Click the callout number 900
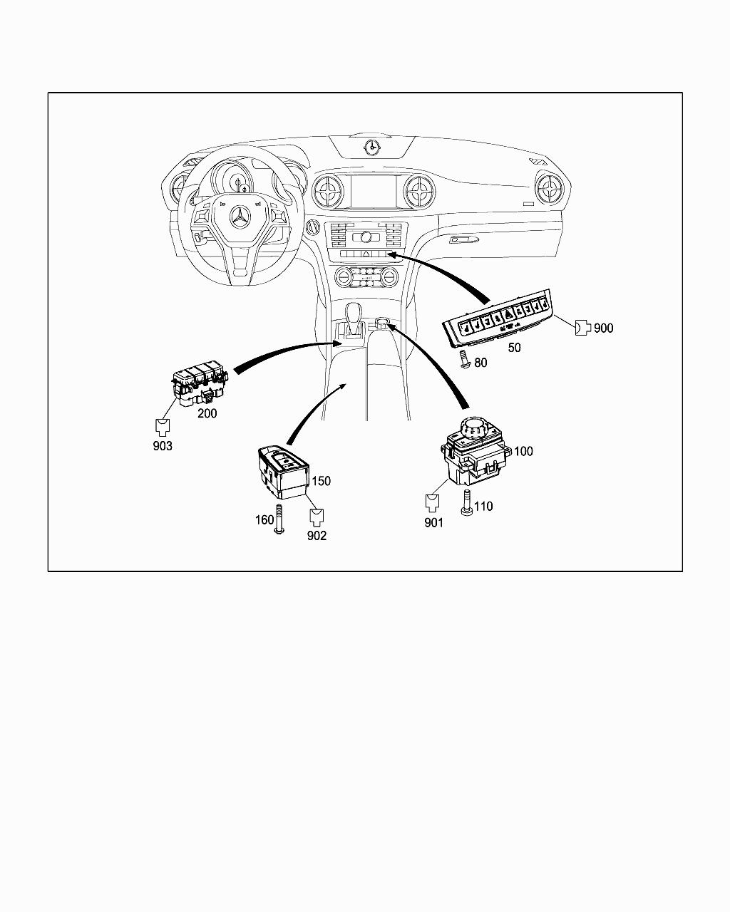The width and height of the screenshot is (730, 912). pyautogui.click(x=603, y=328)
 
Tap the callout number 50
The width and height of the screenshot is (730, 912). pyautogui.click(x=513, y=348)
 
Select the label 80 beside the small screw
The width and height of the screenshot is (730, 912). pyautogui.click(x=480, y=363)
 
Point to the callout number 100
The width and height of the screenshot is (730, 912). pyautogui.click(x=523, y=451)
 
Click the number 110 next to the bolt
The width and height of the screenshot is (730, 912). pyautogui.click(x=483, y=507)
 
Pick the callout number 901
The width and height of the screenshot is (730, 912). pyautogui.click(x=433, y=523)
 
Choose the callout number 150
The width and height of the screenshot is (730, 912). pyautogui.click(x=321, y=481)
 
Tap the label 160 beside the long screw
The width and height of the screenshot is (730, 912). pyautogui.click(x=264, y=520)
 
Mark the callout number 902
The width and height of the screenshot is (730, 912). pyautogui.click(x=317, y=536)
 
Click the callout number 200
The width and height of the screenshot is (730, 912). pyautogui.click(x=207, y=413)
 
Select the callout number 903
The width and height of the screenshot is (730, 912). pyautogui.click(x=163, y=447)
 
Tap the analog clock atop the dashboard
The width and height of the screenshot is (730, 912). pyautogui.click(x=371, y=147)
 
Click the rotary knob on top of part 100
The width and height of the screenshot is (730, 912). pyautogui.click(x=473, y=428)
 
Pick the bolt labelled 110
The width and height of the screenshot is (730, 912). pyautogui.click(x=468, y=504)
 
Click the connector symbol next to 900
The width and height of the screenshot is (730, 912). pyautogui.click(x=582, y=327)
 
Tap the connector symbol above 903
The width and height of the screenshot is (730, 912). pyautogui.click(x=163, y=427)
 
